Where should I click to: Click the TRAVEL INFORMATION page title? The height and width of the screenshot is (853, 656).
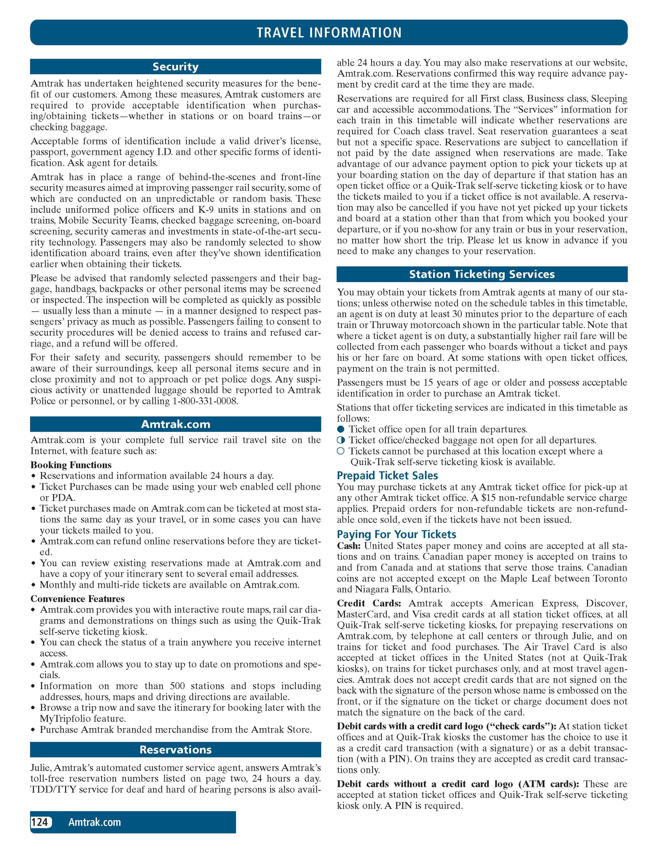coord(329,32)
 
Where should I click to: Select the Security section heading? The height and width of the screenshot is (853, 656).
coord(175,67)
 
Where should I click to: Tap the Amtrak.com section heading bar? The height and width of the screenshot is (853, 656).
coord(175,424)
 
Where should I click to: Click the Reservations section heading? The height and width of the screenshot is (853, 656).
coord(175,749)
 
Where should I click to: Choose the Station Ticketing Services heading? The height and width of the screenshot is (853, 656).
coord(482,274)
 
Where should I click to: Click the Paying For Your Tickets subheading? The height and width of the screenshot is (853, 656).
coord(396,534)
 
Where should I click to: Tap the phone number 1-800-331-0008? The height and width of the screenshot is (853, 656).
coord(205,401)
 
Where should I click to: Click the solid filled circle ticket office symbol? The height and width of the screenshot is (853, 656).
coord(341,429)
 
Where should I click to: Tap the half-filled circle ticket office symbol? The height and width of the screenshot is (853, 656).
coord(341,440)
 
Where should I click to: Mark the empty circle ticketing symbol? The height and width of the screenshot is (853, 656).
coord(341,451)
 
